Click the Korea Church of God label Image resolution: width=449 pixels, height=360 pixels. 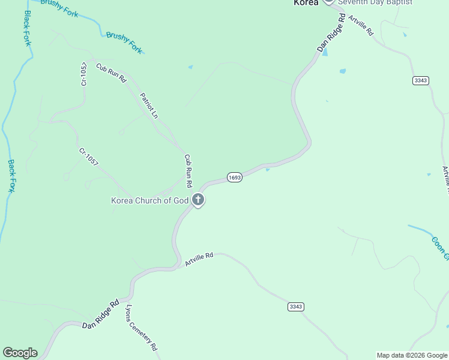click(150, 200)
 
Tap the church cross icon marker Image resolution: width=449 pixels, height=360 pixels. click(198, 200)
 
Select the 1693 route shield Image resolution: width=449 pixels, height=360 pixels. click(235, 178)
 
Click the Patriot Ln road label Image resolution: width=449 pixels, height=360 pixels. click(149, 106)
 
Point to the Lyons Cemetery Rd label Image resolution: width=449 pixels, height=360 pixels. click(141, 328)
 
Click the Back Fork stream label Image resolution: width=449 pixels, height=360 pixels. click(11, 175)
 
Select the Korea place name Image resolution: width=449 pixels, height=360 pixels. click(306, 2)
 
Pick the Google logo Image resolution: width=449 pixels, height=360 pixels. click(20, 353)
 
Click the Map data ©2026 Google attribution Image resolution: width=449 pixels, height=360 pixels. click(412, 355)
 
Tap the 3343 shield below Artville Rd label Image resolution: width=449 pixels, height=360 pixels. click(295, 307)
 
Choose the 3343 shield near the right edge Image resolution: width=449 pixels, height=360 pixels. click(421, 80)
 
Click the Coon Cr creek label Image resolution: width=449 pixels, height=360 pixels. click(439, 248)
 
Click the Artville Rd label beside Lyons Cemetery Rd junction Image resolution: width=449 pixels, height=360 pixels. click(199, 260)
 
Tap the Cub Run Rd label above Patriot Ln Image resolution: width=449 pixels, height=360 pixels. click(111, 73)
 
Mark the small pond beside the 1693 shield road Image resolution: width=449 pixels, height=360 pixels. click(267, 170)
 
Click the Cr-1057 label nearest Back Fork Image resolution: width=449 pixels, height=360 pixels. click(88, 157)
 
